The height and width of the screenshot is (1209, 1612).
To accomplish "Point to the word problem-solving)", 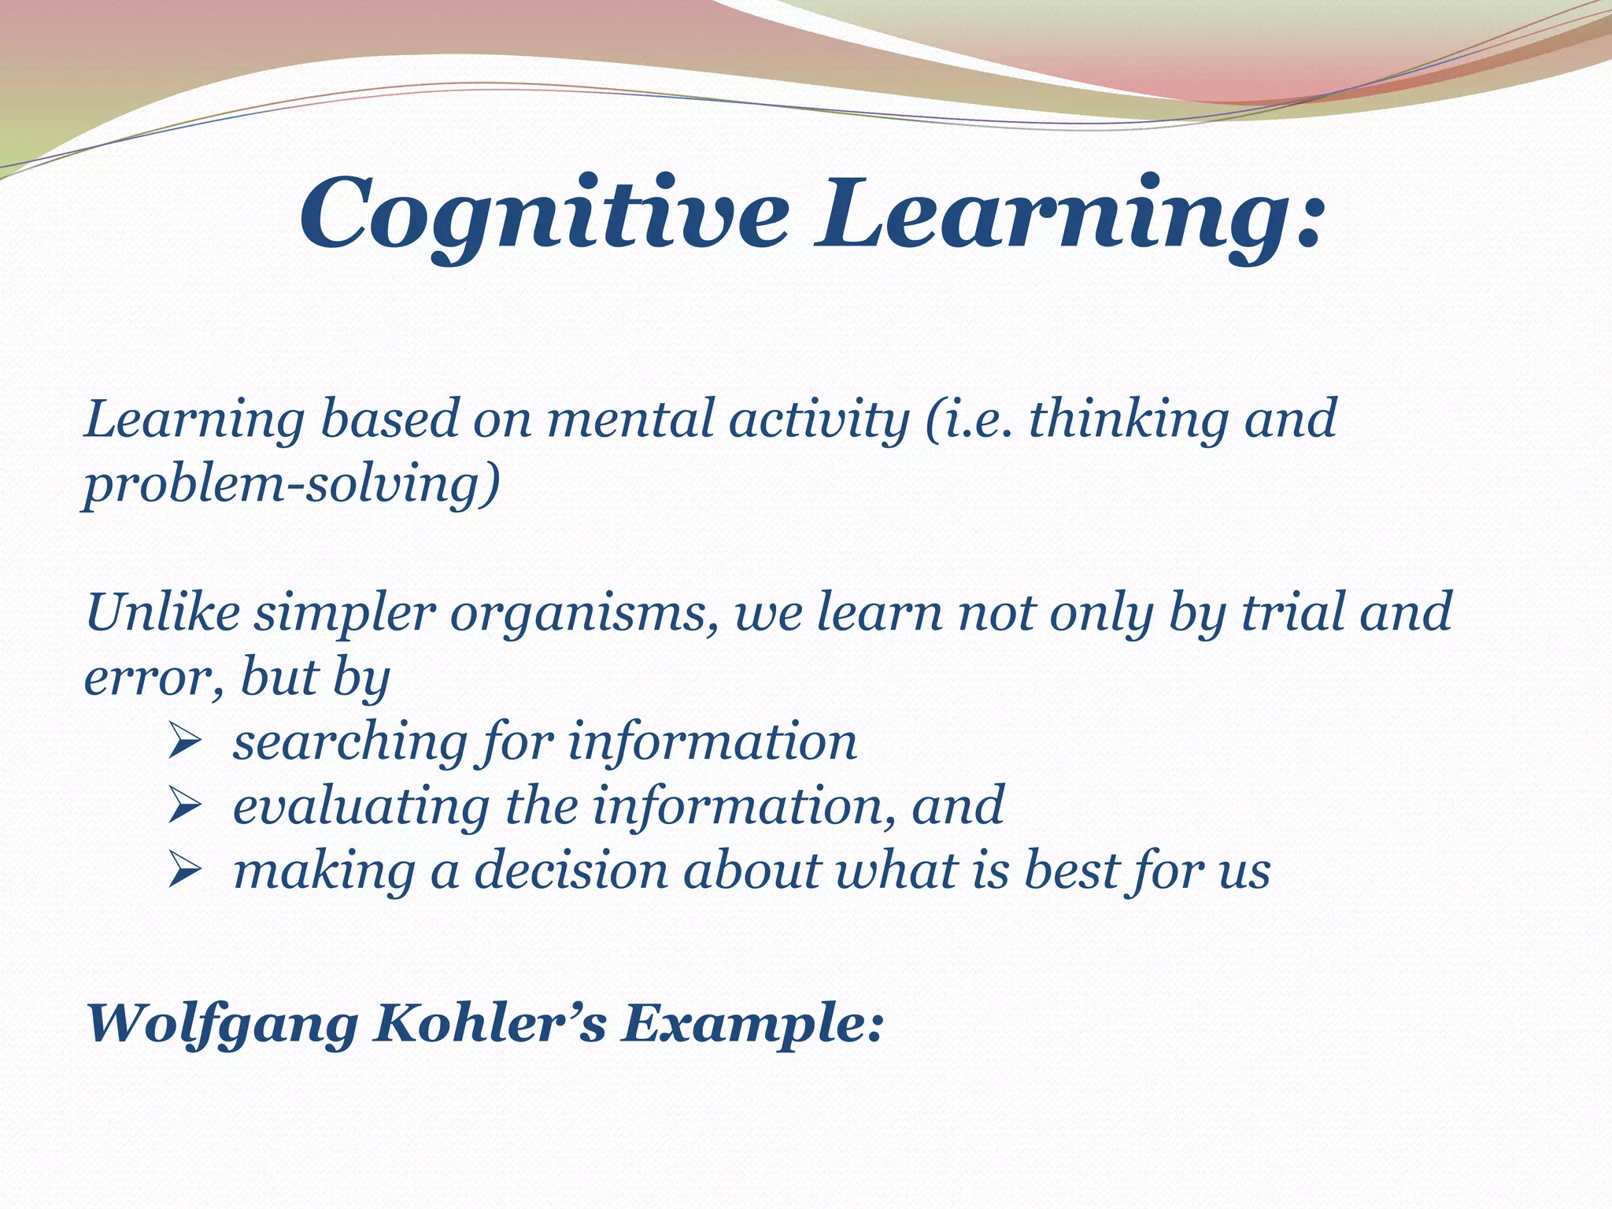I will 292,485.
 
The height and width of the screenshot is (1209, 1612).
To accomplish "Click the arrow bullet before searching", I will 187,742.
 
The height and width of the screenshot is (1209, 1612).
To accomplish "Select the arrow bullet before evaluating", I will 187,807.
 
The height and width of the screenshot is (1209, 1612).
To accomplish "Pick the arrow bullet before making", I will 187,871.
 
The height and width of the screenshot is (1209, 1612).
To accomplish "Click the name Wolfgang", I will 221,1026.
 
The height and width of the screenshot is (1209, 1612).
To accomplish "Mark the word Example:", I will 752,1026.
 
